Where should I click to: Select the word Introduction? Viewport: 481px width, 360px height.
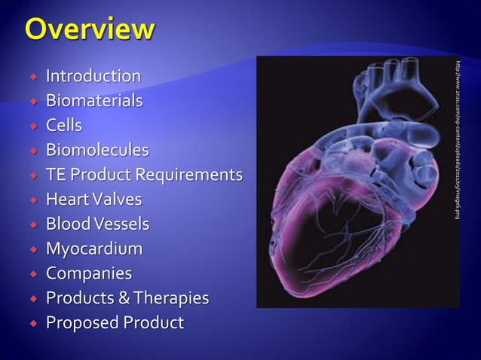(x=93, y=76)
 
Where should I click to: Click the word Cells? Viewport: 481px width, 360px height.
(x=64, y=125)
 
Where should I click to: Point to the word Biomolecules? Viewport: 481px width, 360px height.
(x=97, y=150)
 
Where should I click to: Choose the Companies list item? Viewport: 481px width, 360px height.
(x=88, y=273)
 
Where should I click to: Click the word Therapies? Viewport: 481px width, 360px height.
(x=172, y=298)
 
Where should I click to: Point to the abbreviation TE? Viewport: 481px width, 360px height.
(x=55, y=175)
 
